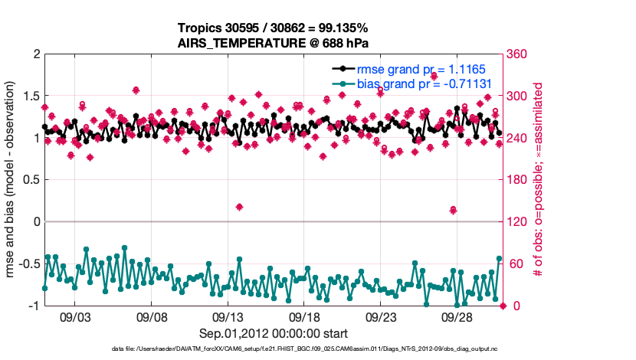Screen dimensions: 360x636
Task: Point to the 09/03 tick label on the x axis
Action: coord(75,316)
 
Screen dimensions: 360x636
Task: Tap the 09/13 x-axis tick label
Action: coord(228,316)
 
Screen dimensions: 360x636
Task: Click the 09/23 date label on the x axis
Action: coord(381,316)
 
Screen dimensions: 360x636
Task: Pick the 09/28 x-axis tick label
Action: coord(457,316)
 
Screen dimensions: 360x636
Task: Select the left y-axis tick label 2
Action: coord(35,54)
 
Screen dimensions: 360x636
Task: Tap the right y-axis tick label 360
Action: coord(519,54)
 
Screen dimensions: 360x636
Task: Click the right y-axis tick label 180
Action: coord(519,180)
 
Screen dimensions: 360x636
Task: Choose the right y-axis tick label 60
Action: coord(516,263)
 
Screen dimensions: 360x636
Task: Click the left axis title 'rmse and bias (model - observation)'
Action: coord(11,180)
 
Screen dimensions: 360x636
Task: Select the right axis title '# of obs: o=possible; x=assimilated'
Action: coord(539,180)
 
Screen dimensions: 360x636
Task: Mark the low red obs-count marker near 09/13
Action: coord(239,207)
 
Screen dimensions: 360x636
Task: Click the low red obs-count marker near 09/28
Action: coord(453,210)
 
